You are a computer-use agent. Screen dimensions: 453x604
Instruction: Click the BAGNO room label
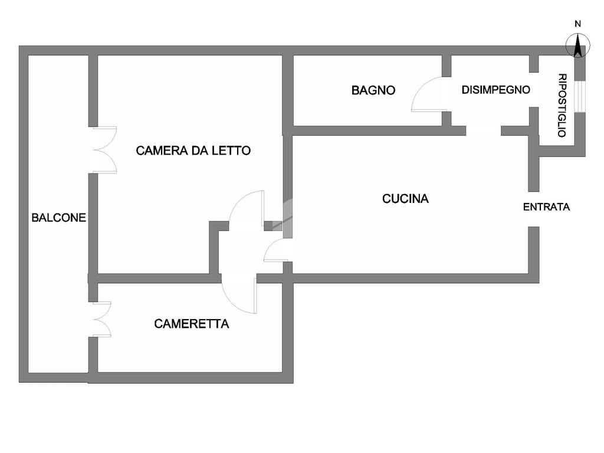coord(373,90)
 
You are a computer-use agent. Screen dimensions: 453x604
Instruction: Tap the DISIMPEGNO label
coord(495,90)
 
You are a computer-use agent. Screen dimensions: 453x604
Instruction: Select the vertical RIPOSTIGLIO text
coord(562,106)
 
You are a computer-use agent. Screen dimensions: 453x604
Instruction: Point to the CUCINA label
coord(405,199)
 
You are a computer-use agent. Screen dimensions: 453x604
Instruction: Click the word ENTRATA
coord(547,207)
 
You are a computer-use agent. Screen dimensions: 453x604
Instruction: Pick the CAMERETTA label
coord(192,324)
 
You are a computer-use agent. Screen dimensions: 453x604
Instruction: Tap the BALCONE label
coord(58,218)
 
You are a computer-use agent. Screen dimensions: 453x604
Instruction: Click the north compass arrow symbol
coord(578,45)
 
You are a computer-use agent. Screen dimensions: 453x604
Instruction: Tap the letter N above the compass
coord(578,24)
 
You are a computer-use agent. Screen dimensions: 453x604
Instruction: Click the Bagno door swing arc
coord(426,94)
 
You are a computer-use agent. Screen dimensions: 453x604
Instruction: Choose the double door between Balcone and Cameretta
coord(101,319)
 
